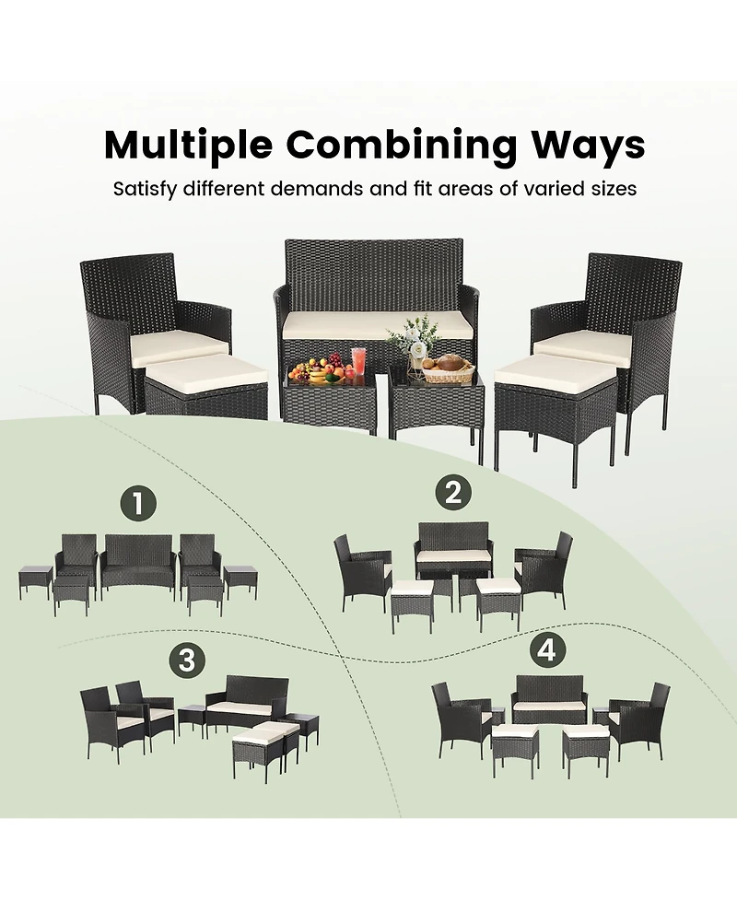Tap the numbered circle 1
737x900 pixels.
coord(138,503)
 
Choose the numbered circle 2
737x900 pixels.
coord(452,493)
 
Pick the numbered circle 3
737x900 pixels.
coord(187,660)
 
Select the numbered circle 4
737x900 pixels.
coord(547,650)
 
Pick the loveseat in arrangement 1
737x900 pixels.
coord(139,561)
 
